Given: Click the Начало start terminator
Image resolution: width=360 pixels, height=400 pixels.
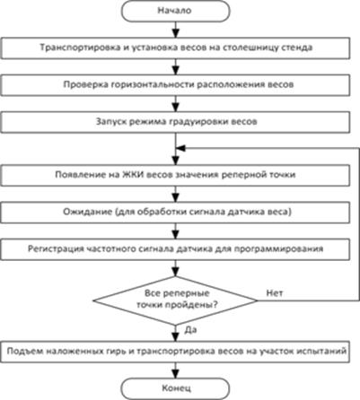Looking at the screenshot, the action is (x=175, y=11).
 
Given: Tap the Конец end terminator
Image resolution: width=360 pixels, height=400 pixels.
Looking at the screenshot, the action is (x=175, y=388).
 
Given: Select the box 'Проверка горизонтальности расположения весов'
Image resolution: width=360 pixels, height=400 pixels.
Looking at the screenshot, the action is (x=175, y=85).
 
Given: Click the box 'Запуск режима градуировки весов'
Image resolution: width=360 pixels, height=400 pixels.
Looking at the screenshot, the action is (x=175, y=122).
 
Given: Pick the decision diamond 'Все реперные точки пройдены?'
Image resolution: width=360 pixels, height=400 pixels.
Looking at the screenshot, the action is (x=175, y=300).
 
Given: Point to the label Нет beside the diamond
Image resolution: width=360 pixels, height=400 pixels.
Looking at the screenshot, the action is (x=275, y=293).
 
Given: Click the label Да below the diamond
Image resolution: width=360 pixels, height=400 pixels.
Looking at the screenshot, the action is (x=190, y=330).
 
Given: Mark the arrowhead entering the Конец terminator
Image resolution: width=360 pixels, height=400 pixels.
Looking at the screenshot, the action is (x=176, y=374).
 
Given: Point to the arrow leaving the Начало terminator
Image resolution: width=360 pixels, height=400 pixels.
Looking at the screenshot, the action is (x=176, y=30).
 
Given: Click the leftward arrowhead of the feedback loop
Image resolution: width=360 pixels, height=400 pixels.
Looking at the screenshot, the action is (x=181, y=148).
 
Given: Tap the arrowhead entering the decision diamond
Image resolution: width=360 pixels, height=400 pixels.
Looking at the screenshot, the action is (x=176, y=272).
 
